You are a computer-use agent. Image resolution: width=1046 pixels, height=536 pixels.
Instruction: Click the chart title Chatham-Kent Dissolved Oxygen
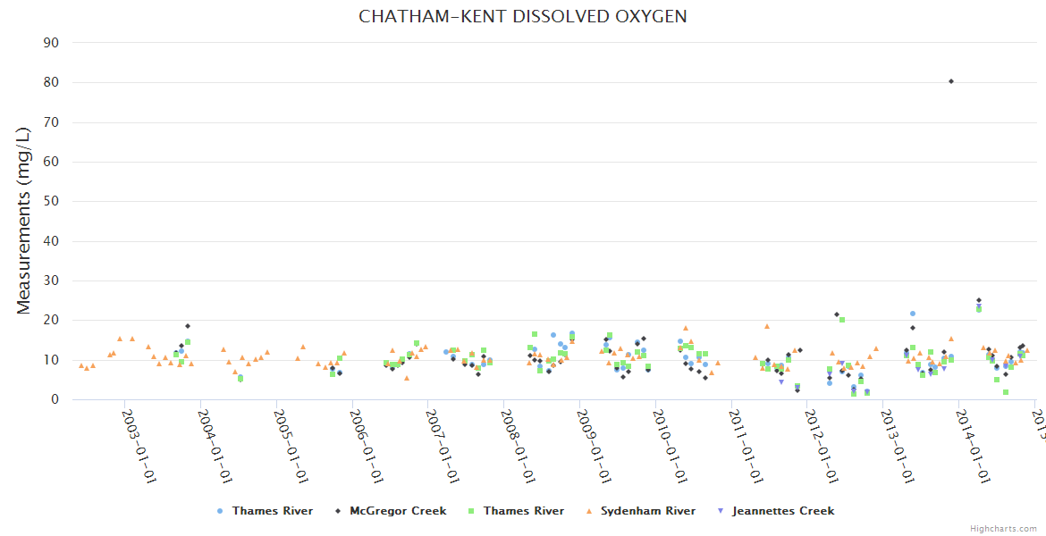tap(523, 17)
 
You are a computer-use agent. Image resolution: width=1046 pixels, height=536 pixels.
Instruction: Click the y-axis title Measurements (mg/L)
tap(24, 221)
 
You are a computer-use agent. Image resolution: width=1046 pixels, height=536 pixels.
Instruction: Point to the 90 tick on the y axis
tap(52, 43)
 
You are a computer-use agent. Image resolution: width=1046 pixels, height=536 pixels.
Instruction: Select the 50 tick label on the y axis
tap(52, 201)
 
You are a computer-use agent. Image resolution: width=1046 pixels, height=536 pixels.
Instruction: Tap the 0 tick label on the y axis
tap(55, 399)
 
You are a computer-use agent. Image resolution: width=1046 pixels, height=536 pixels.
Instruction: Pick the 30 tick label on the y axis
tap(52, 281)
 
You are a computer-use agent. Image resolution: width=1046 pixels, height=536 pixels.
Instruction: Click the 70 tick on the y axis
tap(52, 122)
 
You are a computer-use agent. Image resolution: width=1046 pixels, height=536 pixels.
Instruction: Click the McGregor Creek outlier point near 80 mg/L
tap(951, 81)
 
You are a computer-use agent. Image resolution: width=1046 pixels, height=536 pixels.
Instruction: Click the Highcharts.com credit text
tap(1003, 529)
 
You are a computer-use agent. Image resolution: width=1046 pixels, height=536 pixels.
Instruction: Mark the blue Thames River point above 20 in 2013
tap(913, 314)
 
